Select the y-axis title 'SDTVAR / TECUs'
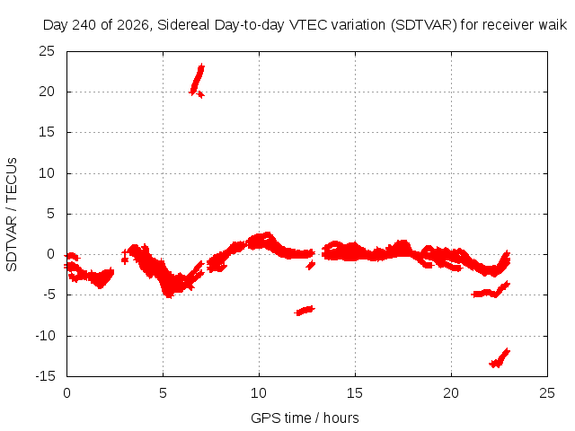[12, 215]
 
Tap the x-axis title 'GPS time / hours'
[305, 418]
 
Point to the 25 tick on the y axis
[47, 51]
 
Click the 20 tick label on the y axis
[47, 92]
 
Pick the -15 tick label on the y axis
[45, 376]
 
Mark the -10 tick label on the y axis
[45, 336]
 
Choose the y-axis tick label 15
[47, 132]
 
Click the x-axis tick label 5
[163, 393]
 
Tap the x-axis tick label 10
[259, 393]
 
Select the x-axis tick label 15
[355, 393]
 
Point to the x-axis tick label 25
[547, 393]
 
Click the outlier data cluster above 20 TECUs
[198, 81]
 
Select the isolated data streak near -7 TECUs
[305, 311]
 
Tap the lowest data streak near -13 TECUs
[500, 358]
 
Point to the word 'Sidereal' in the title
[183, 25]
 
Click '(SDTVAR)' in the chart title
[424, 25]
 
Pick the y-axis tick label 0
[51, 254]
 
